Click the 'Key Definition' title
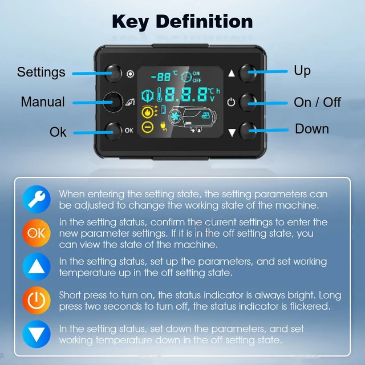click(182, 21)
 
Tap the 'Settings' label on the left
click(41, 72)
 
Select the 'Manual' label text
click(43, 102)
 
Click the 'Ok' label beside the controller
click(58, 132)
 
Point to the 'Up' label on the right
click(302, 70)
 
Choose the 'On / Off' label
click(317, 102)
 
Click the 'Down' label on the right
click(311, 129)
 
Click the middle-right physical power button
click(249, 103)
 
